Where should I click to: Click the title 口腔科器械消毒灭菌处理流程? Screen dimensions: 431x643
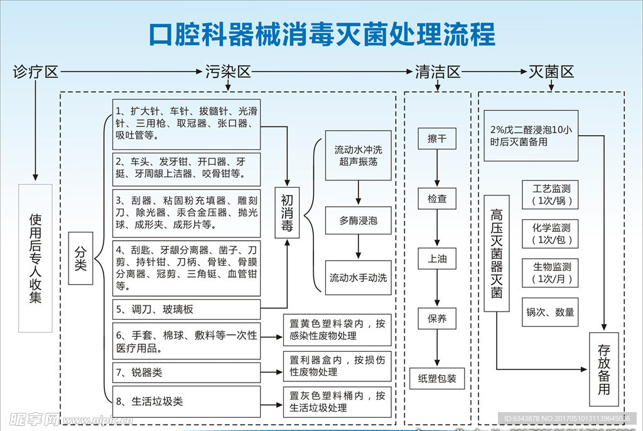click(321, 34)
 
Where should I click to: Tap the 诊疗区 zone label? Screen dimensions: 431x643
click(35, 72)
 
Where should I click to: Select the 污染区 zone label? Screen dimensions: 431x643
click(228, 72)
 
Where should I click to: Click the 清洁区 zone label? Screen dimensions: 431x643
click(437, 72)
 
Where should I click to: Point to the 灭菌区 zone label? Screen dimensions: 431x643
click(551, 72)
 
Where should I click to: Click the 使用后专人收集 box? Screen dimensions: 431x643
click(35, 258)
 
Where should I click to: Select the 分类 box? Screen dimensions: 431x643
click(80, 258)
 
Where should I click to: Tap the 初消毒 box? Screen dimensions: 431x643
click(287, 212)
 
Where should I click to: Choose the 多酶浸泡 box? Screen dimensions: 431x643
click(358, 221)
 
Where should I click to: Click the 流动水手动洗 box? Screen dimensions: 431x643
click(358, 278)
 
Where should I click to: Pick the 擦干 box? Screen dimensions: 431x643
click(437, 139)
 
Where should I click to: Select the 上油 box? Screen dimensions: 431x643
click(437, 258)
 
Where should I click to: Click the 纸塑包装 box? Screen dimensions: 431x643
click(437, 379)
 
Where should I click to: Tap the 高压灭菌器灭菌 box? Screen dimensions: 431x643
click(497, 253)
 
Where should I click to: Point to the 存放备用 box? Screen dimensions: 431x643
click(603, 369)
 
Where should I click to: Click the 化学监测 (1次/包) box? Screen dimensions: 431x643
click(549, 234)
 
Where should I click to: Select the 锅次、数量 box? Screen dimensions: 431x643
click(549, 312)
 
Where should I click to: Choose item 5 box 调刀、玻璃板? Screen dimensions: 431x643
click(186, 309)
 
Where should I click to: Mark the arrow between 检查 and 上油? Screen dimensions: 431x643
click(437, 228)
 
